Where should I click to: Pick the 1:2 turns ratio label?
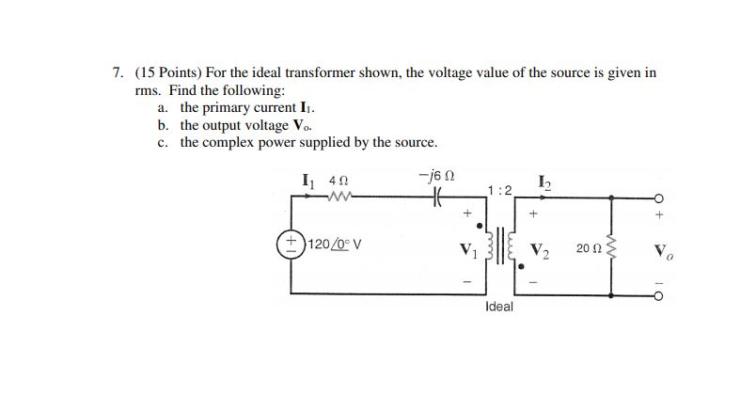500,190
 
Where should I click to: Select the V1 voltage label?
465,250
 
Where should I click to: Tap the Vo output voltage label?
661,252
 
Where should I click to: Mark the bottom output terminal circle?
659,293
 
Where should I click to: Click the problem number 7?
117,72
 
